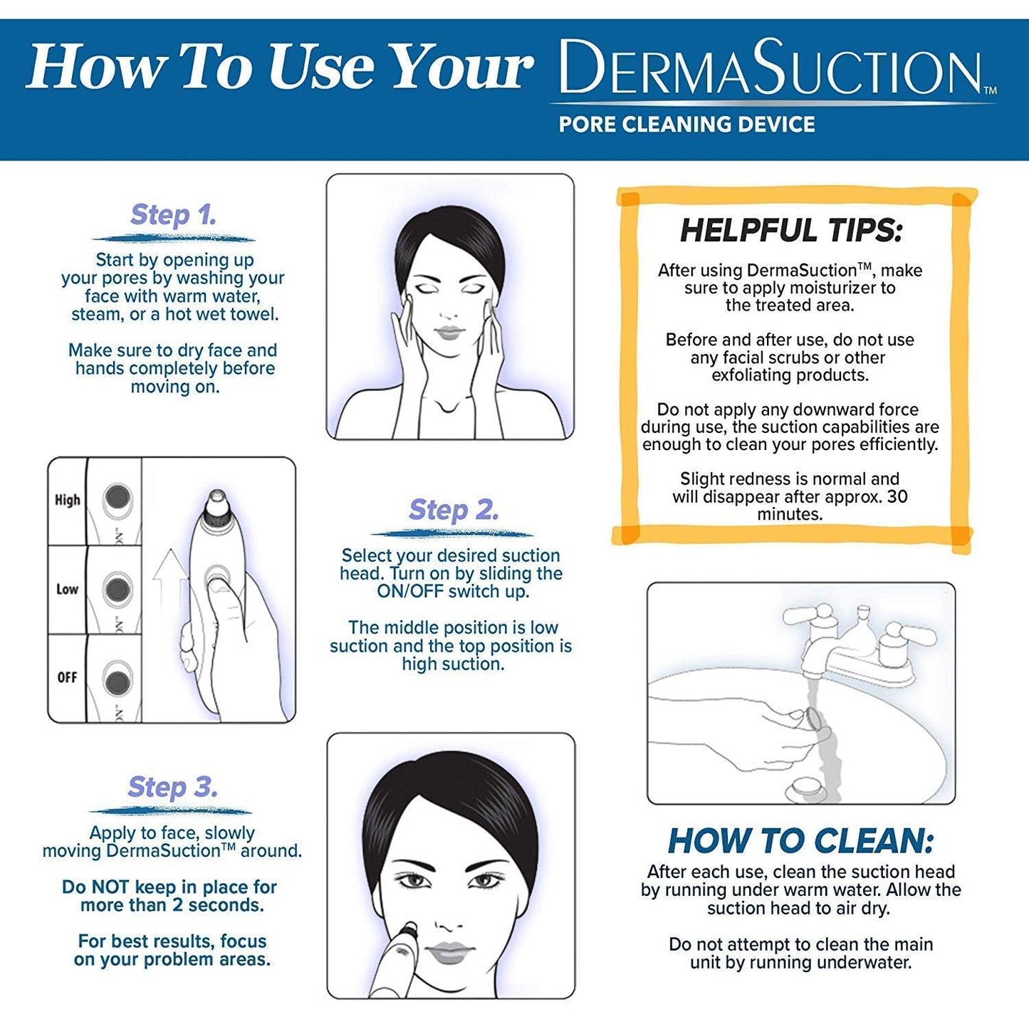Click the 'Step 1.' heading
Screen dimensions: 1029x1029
[x=173, y=214]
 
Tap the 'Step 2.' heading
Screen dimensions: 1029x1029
[x=453, y=510]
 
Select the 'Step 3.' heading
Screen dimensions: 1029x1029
[x=172, y=787]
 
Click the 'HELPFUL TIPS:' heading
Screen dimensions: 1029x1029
[x=791, y=230]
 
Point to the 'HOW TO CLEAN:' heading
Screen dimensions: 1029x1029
[x=800, y=841]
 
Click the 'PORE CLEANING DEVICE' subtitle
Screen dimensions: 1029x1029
[x=686, y=125]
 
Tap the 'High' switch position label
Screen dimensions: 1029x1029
[x=68, y=500]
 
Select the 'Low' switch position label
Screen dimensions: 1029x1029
[x=67, y=589]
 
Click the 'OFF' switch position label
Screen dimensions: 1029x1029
[x=67, y=677]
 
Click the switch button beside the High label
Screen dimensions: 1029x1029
[x=117, y=498]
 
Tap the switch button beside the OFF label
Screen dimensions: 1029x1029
[x=117, y=680]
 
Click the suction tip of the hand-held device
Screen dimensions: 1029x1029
[x=216, y=501]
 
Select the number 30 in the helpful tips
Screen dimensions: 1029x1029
[x=897, y=496]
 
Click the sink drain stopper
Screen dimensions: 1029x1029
[x=808, y=788]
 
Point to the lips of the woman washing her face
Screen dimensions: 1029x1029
[x=449, y=333]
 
